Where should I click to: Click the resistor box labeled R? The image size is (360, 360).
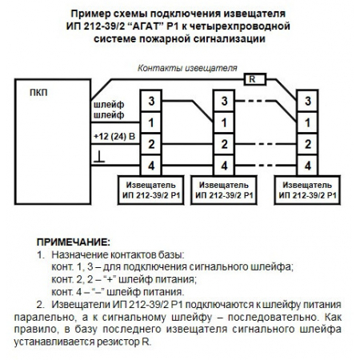pos(253,79)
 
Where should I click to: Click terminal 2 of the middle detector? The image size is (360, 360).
pos(226,143)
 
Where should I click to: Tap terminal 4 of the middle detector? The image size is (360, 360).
pos(226,165)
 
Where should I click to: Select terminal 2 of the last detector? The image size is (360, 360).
pos(307,143)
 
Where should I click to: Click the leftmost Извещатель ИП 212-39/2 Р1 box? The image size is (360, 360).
pos(146,189)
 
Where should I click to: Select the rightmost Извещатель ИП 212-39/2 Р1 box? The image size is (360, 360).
pos(308,189)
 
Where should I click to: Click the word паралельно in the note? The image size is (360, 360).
pos(57,318)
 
